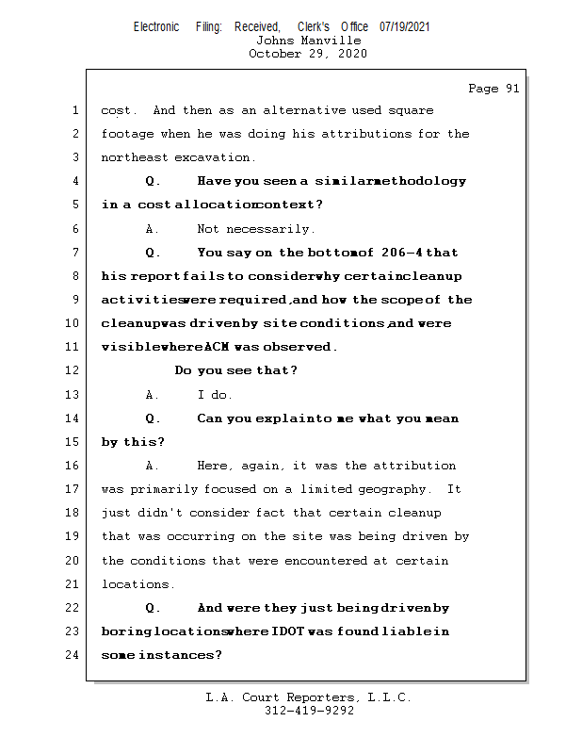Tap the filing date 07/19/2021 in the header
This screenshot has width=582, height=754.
coord(405,27)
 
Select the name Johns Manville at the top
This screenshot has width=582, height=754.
coord(308,41)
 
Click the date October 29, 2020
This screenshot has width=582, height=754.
coord(308,54)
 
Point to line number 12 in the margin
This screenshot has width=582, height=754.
coord(74,370)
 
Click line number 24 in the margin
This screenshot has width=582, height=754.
coord(74,655)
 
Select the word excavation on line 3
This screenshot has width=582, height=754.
coord(214,157)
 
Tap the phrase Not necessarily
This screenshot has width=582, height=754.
coord(256,229)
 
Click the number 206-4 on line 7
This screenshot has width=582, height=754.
coord(403,253)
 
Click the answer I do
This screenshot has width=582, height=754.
coord(215,395)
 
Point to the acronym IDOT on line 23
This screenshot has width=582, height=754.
coord(288,631)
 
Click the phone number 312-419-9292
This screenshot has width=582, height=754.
coord(309,711)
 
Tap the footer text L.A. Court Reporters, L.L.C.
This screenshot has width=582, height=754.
coord(309,697)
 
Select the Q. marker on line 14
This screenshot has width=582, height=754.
coord(154,418)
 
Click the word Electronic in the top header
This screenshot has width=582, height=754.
coord(156,27)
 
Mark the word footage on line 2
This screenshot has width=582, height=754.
coord(127,134)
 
